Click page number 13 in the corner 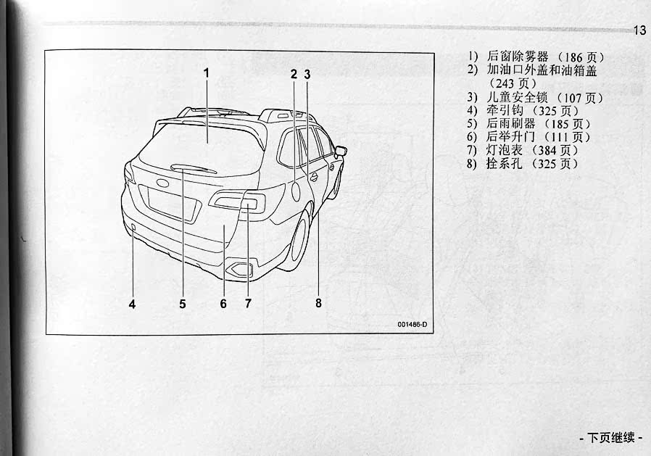point(639,30)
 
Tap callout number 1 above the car point(206,72)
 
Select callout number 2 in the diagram point(294,73)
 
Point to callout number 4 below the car point(132,304)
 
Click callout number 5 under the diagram point(183,304)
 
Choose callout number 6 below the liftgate point(223,304)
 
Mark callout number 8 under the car point(318,303)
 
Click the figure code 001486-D point(412,324)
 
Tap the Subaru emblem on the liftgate point(161,182)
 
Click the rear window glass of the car point(199,145)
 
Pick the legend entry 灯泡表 point(505,150)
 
